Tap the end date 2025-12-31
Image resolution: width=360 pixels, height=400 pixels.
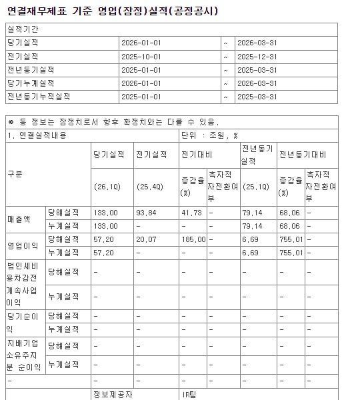pyautogui.click(x=256, y=56)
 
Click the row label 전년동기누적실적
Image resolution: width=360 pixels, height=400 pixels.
pyautogui.click(x=38, y=96)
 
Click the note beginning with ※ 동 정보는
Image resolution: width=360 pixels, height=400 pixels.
pyautogui.click(x=113, y=122)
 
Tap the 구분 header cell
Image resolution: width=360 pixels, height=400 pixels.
pyautogui.click(x=15, y=174)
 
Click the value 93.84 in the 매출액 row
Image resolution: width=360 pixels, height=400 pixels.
pyautogui.click(x=146, y=213)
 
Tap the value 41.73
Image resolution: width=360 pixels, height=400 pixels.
pyautogui.click(x=191, y=213)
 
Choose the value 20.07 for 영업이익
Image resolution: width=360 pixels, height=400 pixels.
pyautogui.click(x=146, y=238)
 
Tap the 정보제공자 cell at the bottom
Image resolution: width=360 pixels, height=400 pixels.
pyautogui.click(x=113, y=395)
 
